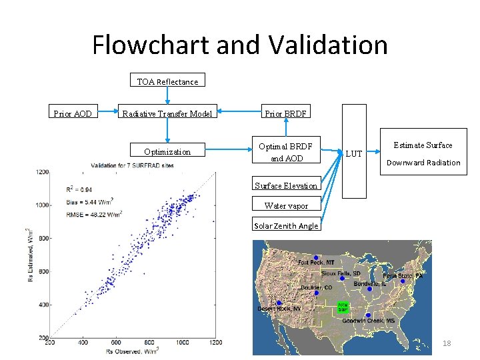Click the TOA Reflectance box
pyautogui.click(x=167, y=81)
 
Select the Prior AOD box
pyautogui.click(x=73, y=113)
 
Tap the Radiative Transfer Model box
pyautogui.click(x=167, y=113)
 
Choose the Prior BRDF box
pyautogui.click(x=285, y=113)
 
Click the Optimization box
pyautogui.click(x=167, y=151)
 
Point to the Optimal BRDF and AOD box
pyautogui.click(x=285, y=152)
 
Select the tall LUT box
pyautogui.click(x=354, y=152)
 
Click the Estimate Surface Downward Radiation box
pyautogui.click(x=423, y=153)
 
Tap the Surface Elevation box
pyautogui.click(x=285, y=186)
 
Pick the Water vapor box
pyautogui.click(x=285, y=206)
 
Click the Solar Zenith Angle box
pyautogui.click(x=285, y=226)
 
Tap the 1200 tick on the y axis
pyautogui.click(x=41, y=172)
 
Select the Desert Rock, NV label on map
pyautogui.click(x=279, y=309)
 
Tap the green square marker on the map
pyautogui.click(x=343, y=307)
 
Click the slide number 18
pyautogui.click(x=447, y=343)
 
